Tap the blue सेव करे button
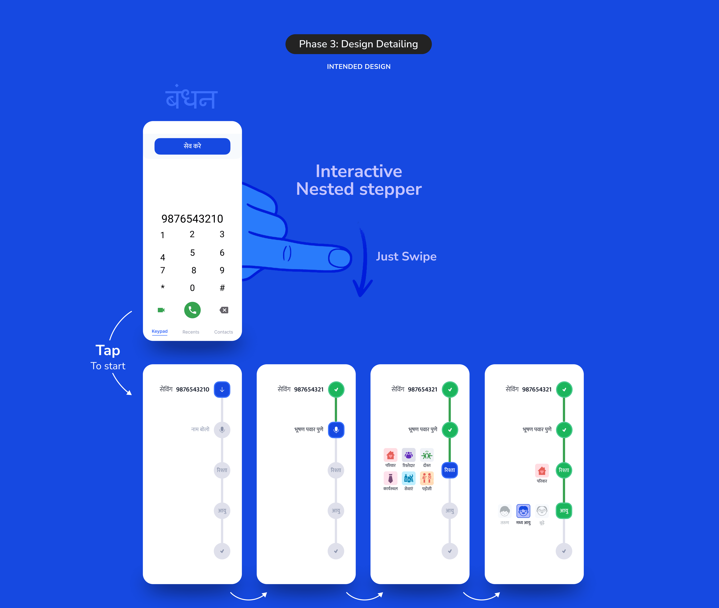click(192, 146)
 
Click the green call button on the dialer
click(192, 310)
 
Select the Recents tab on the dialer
click(191, 332)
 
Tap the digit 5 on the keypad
click(193, 253)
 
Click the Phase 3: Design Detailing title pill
click(358, 44)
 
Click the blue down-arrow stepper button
click(222, 389)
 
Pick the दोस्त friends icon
click(427, 455)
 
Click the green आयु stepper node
click(564, 511)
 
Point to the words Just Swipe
click(406, 256)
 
